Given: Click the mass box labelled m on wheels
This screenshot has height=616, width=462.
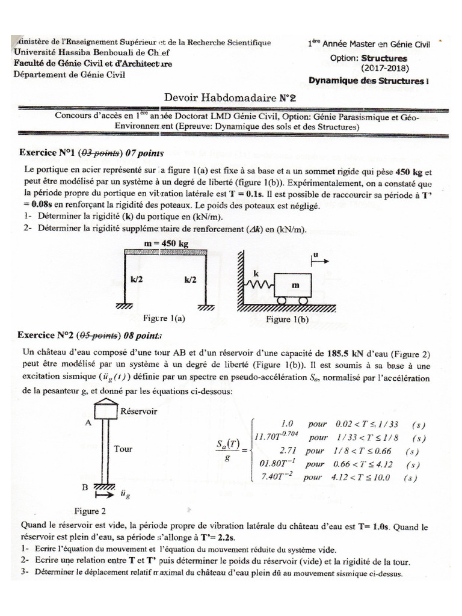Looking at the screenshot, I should (x=294, y=286).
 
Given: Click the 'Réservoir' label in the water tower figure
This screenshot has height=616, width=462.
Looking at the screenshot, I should (x=139, y=411).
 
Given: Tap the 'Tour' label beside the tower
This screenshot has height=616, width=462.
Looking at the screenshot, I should (x=123, y=448).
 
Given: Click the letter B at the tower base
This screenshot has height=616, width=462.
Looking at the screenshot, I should (x=85, y=485).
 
